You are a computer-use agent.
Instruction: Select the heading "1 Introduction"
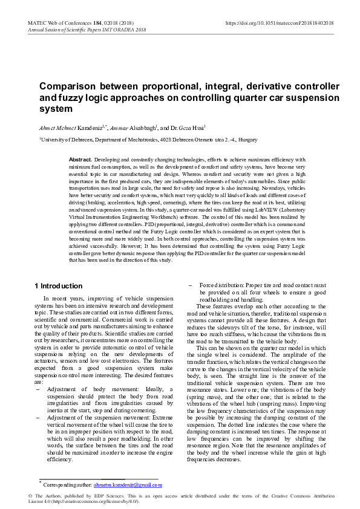[x=58, y=285]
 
